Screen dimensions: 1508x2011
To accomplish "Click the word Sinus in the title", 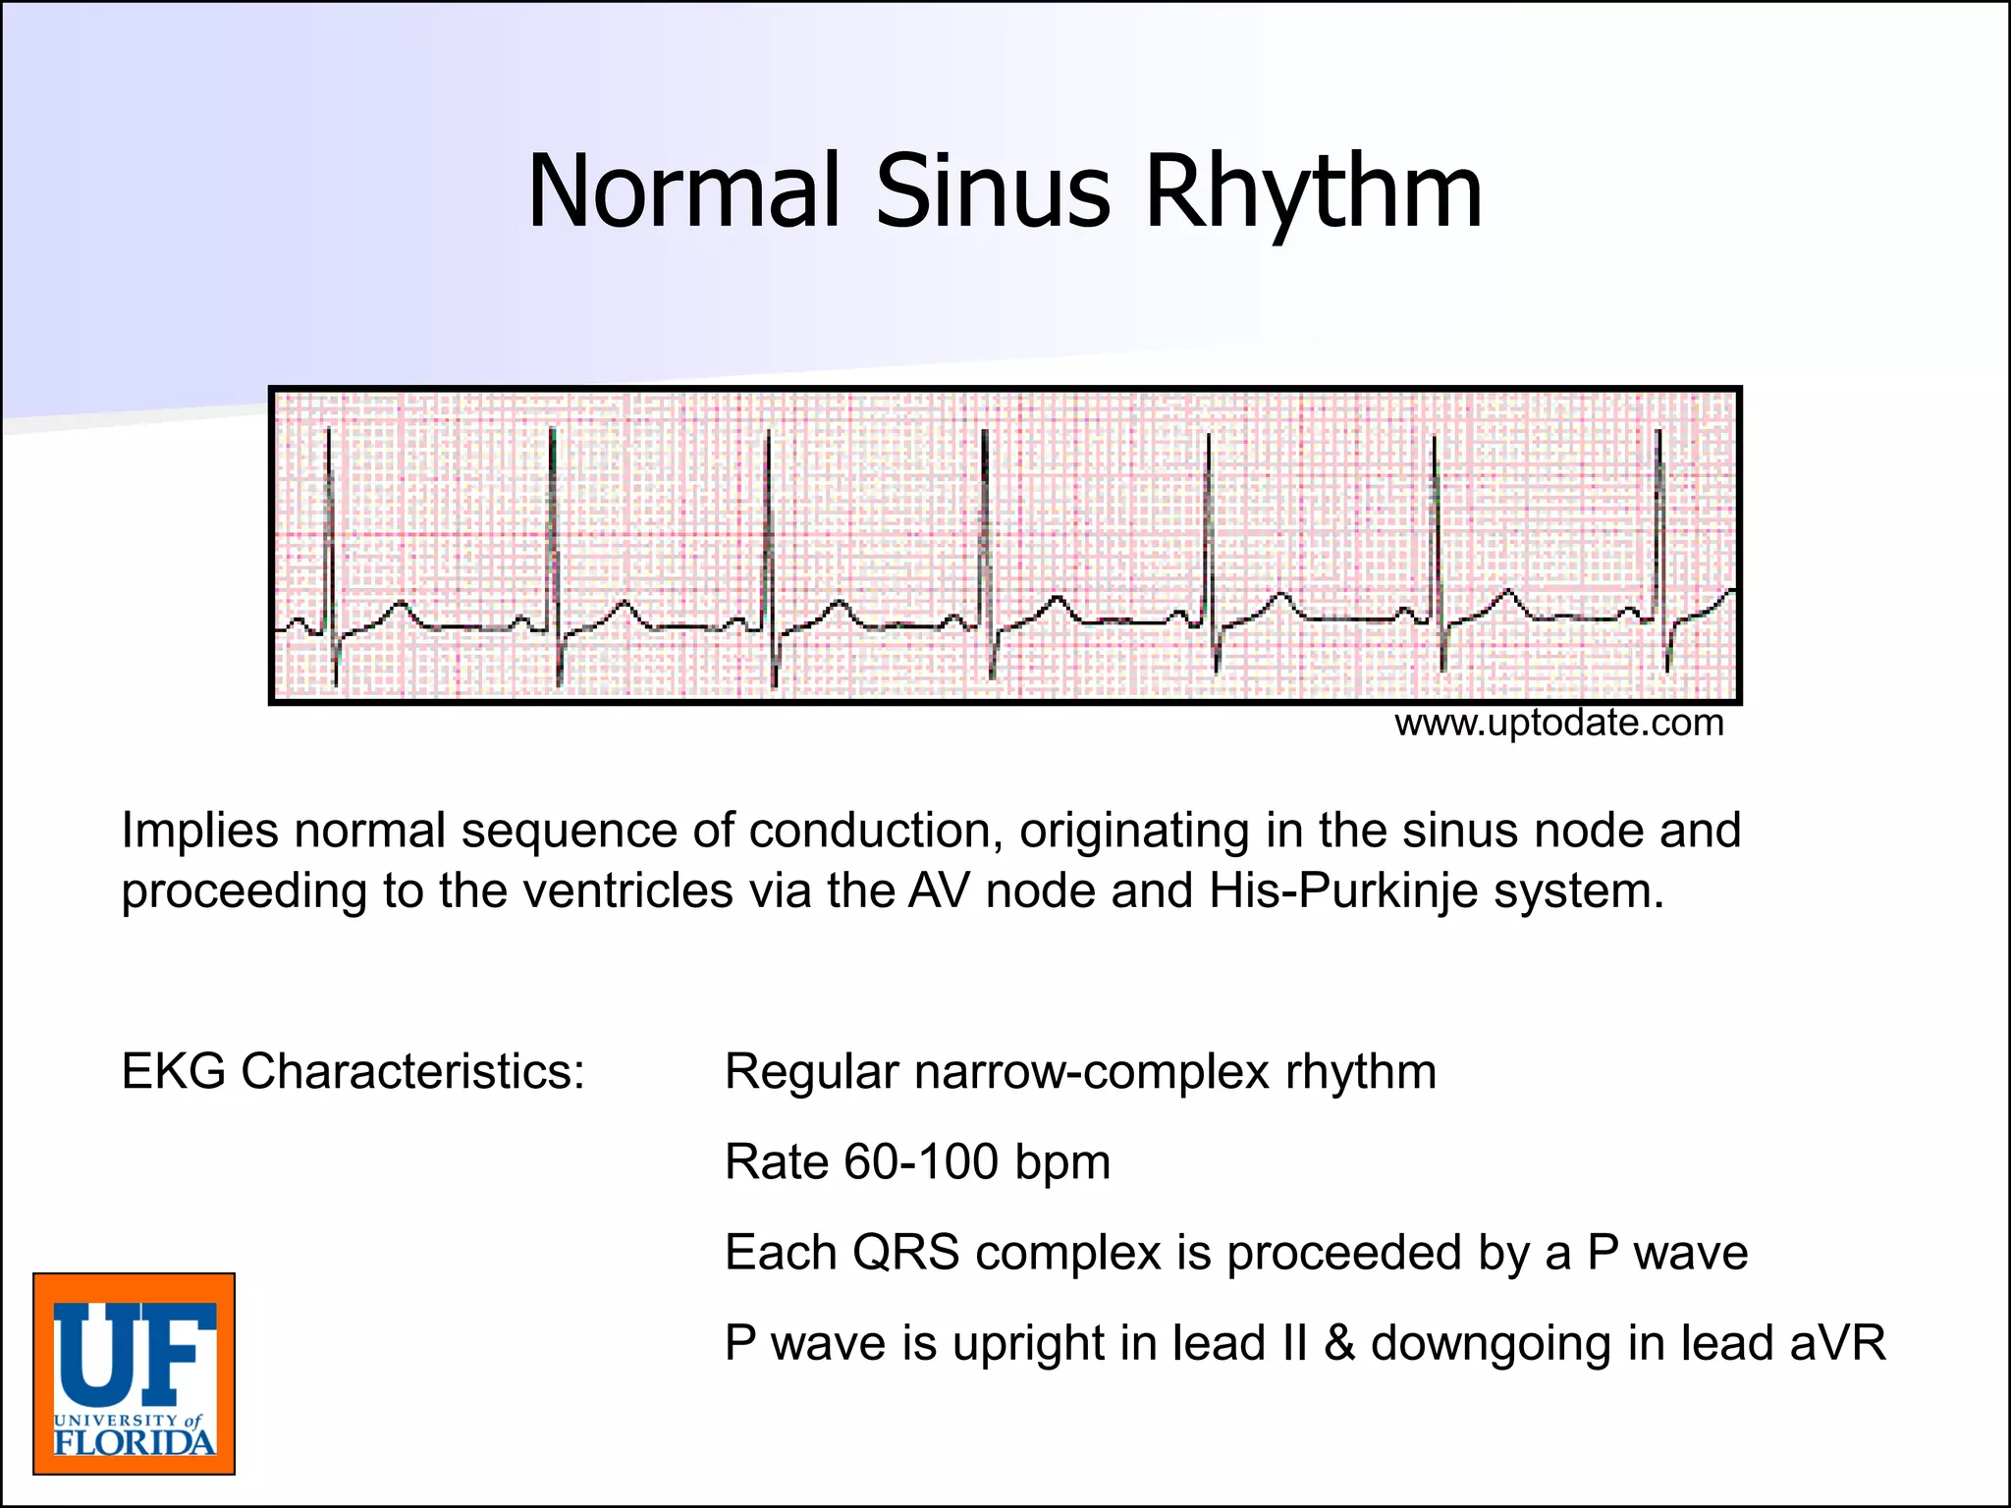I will [x=993, y=191].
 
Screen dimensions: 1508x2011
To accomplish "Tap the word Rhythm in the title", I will [x=1313, y=193].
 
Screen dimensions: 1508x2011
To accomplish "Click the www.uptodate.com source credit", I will [x=1558, y=724].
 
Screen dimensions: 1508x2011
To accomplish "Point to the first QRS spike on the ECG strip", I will [x=330, y=530].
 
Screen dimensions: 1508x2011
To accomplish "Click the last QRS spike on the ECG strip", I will [x=1659, y=530].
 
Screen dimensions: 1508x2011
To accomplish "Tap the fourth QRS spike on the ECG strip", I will [x=985, y=530].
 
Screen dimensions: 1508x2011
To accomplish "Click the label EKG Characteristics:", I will [x=353, y=1071].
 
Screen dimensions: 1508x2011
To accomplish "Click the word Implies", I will [x=199, y=832].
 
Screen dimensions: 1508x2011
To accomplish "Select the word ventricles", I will [x=627, y=891].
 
